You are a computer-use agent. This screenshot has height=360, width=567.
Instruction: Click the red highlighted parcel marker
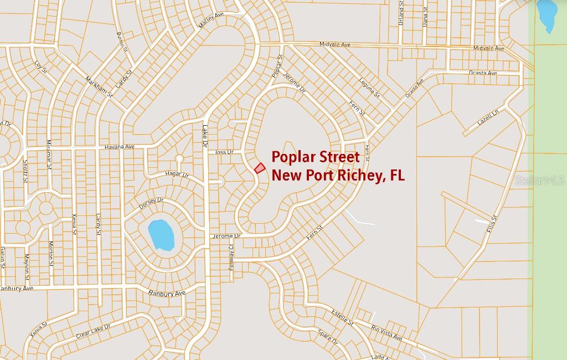coord(259,168)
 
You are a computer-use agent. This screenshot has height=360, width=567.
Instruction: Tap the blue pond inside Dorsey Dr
coord(161,235)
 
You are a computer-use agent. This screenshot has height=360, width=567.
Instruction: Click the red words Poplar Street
coord(316,157)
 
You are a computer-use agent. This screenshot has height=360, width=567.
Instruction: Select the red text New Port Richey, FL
coord(338,176)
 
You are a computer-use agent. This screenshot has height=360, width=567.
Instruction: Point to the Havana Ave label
coord(120,147)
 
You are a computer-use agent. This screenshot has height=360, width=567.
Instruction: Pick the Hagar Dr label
coord(178,175)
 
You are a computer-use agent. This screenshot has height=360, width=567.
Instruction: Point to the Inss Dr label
coord(225,152)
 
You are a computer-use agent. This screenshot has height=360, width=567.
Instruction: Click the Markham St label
coord(100,86)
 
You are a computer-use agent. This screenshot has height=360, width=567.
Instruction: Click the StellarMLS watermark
coord(539,181)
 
